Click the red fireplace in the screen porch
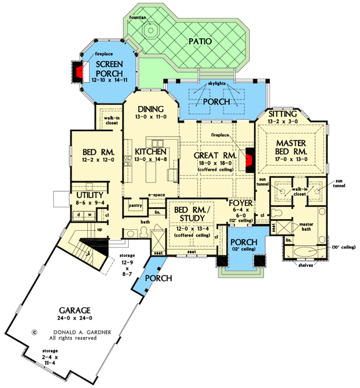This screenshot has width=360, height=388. pos(80,72)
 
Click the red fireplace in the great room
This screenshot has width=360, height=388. pos(249,160)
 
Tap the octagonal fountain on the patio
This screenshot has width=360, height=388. pos(150,31)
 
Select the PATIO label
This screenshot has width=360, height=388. pos(200,41)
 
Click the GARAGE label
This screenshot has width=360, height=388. pos(75,310)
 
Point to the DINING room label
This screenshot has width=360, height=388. pos(150,109)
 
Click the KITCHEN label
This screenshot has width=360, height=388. pos(150,152)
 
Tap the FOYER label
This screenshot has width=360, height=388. pos(241,203)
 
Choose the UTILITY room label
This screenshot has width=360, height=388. pos(90,195)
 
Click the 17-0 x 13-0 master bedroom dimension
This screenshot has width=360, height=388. pos(291,159)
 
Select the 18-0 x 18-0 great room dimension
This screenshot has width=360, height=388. pos(215,163)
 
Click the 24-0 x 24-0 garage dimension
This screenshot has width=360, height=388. pos(75,318)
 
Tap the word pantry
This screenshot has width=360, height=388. pos(135,205)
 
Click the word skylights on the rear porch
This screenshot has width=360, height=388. pos(216,84)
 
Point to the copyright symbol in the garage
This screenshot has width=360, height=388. pos(34,332)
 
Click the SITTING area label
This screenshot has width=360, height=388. pos(282,114)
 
